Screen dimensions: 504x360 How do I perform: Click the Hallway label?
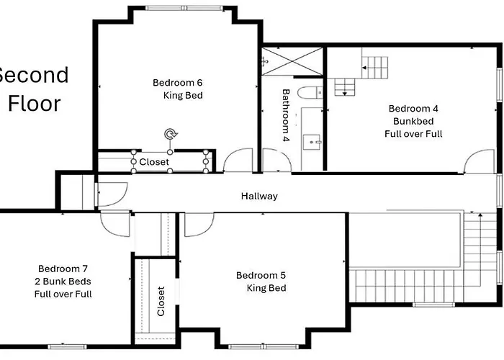(x=259, y=196)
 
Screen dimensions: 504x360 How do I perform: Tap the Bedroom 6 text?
(x=177, y=83)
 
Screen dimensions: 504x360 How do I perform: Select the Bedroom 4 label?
(x=413, y=109)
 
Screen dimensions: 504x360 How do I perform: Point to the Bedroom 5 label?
(x=261, y=275)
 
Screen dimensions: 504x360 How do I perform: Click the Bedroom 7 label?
(x=63, y=269)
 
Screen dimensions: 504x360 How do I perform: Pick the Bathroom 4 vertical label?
(x=286, y=115)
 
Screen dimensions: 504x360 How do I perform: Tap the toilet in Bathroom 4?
(x=310, y=93)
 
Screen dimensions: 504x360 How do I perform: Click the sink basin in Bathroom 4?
(x=312, y=142)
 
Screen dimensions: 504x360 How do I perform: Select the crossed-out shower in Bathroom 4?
(x=292, y=61)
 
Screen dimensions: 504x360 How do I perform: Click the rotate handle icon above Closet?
(x=171, y=134)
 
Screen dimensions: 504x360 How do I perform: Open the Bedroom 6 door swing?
(x=238, y=160)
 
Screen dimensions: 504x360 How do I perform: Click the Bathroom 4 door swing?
(x=277, y=160)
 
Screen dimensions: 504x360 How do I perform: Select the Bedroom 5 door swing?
(x=199, y=225)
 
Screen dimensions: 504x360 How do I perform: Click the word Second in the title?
(x=33, y=75)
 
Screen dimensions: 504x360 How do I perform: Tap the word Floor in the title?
(x=35, y=104)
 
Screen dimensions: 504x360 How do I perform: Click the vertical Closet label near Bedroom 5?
(x=161, y=301)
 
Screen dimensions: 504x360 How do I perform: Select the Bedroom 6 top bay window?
(x=184, y=8)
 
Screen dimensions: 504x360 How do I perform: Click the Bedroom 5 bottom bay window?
(x=264, y=347)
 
